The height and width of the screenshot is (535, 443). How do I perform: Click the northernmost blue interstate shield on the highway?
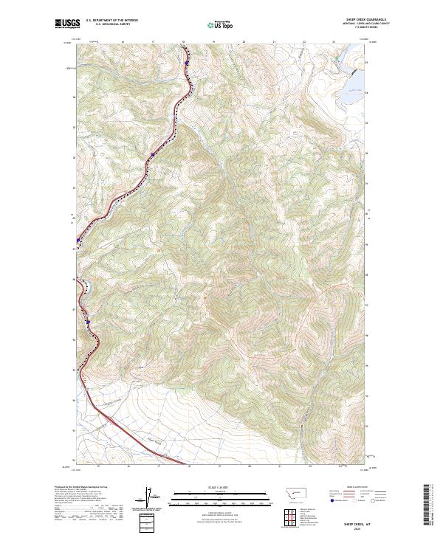click(x=188, y=64)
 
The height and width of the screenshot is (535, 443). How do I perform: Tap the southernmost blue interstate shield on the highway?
click(x=88, y=322)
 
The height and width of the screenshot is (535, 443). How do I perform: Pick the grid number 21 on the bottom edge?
click(x=281, y=467)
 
